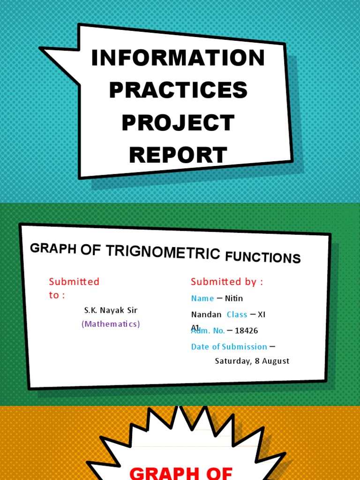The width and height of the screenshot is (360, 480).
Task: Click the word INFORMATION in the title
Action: click(x=178, y=58)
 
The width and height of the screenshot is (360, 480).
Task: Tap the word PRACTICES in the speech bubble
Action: click(x=178, y=90)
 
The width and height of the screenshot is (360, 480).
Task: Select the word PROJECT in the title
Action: click(x=178, y=122)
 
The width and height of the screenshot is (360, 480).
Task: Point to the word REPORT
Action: click(x=178, y=155)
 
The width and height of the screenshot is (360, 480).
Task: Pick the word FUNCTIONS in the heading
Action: click(x=262, y=257)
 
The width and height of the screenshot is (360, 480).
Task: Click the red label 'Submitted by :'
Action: click(x=227, y=282)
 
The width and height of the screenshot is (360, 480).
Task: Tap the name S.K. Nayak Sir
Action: click(x=111, y=310)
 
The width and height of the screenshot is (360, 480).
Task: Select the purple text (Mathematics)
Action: click(x=111, y=324)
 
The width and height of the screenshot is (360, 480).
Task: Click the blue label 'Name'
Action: click(x=202, y=299)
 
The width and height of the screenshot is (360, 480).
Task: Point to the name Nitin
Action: click(x=234, y=299)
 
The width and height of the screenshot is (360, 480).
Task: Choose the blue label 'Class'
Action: click(x=237, y=315)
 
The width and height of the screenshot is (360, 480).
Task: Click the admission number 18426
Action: click(x=246, y=331)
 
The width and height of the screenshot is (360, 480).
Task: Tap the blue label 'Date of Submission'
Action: click(x=229, y=347)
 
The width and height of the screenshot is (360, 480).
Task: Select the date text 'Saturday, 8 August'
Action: click(x=252, y=361)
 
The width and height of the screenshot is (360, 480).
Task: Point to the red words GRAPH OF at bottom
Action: click(x=181, y=472)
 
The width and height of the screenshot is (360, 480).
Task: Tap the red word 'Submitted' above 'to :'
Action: click(x=74, y=282)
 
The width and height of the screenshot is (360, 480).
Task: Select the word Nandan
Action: click(x=206, y=315)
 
